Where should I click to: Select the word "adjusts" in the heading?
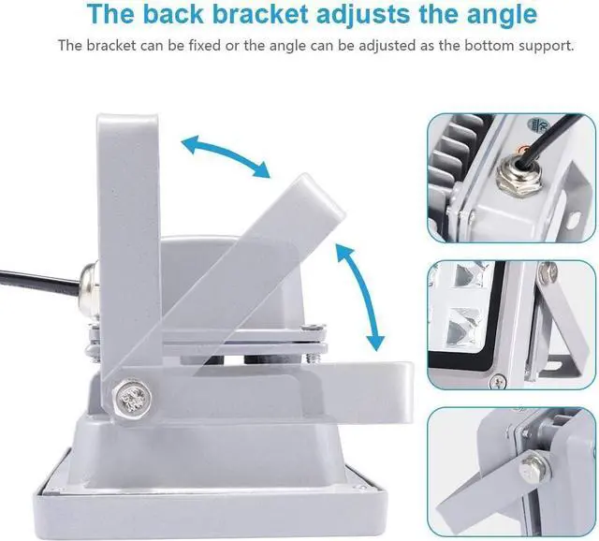pyautogui.click(x=366, y=15)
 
